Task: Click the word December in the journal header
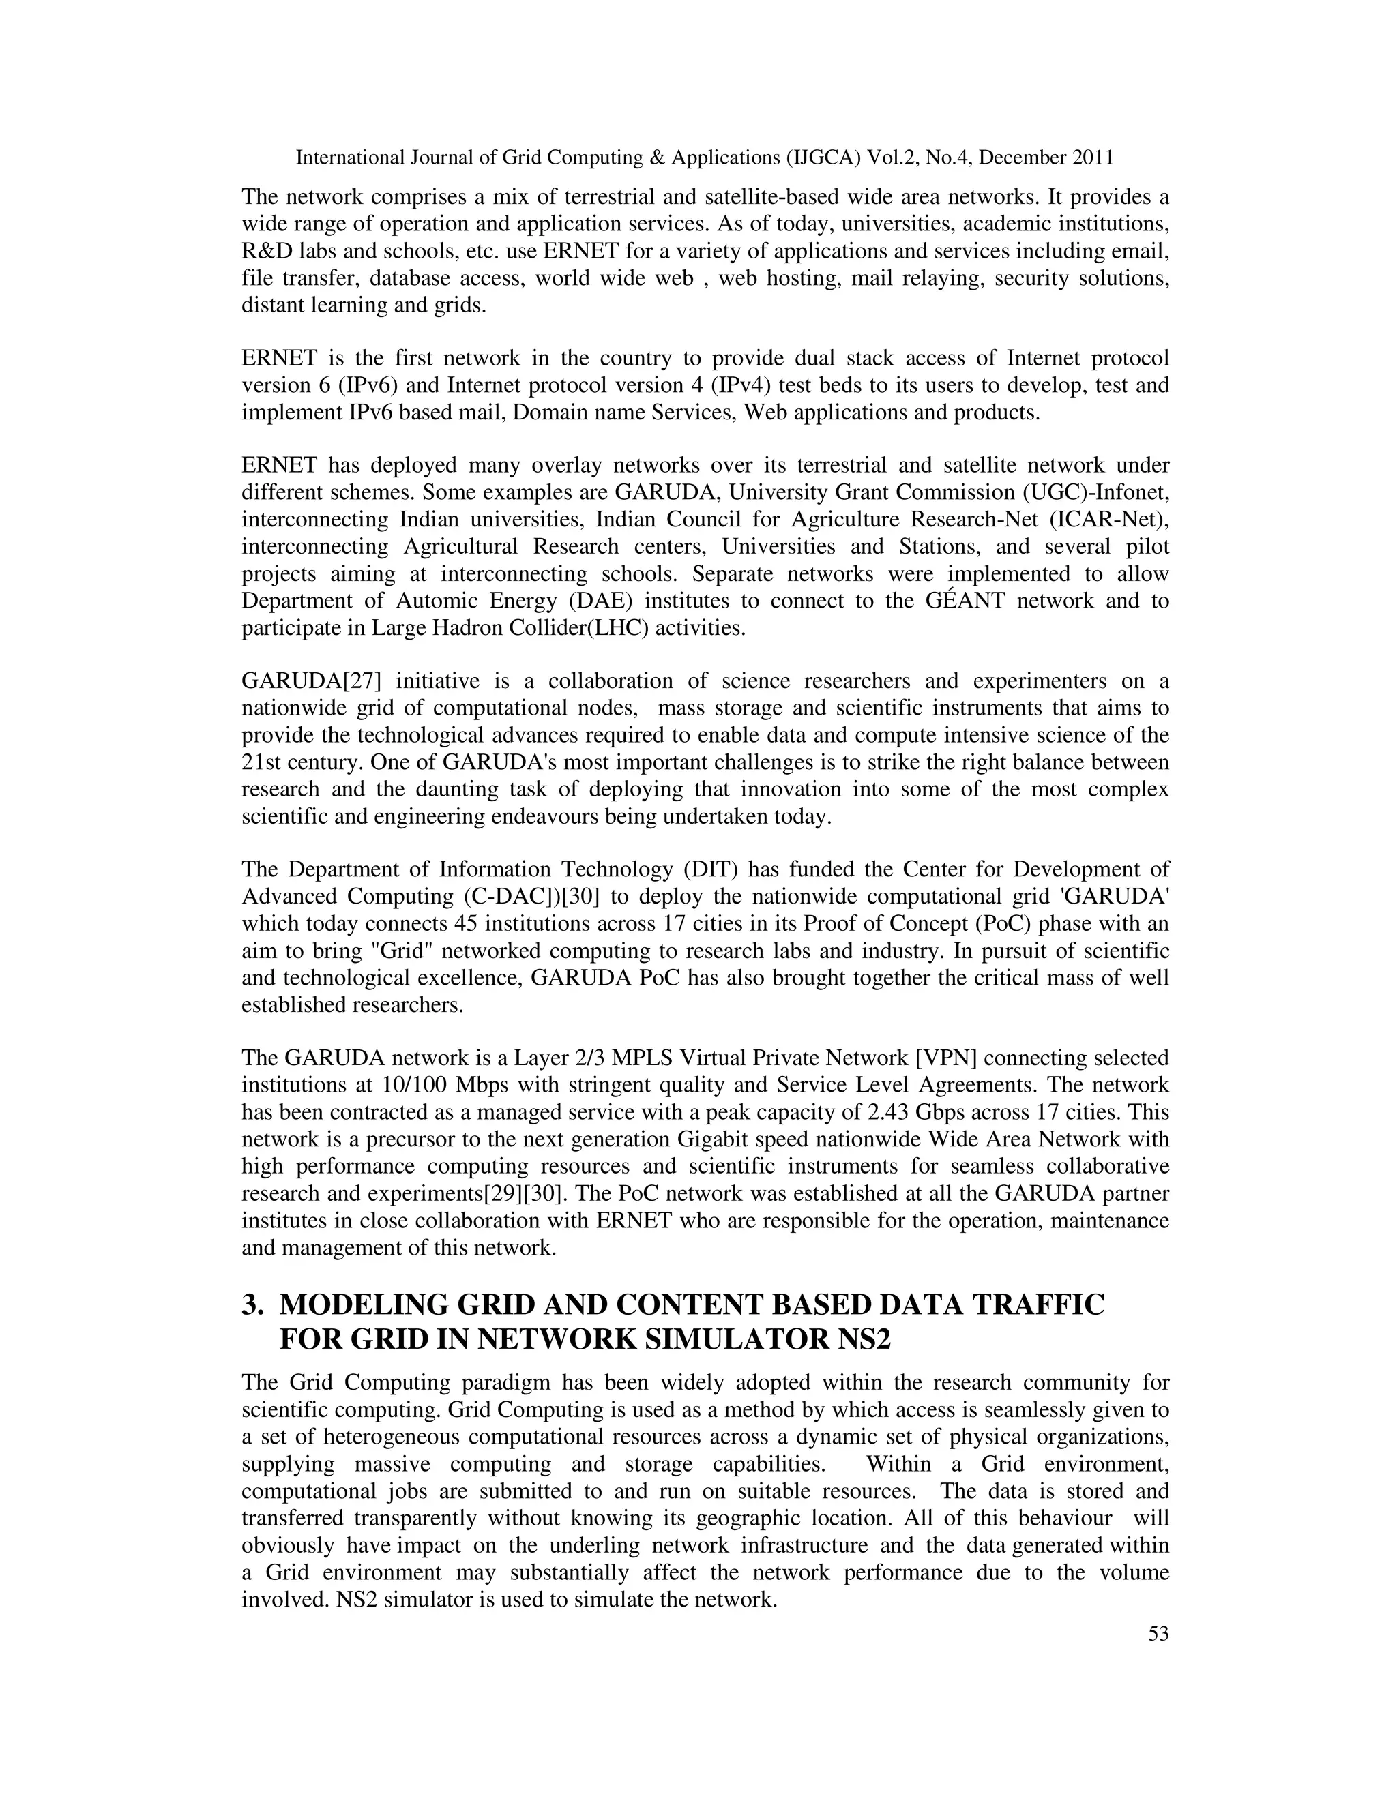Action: tap(1021, 158)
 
